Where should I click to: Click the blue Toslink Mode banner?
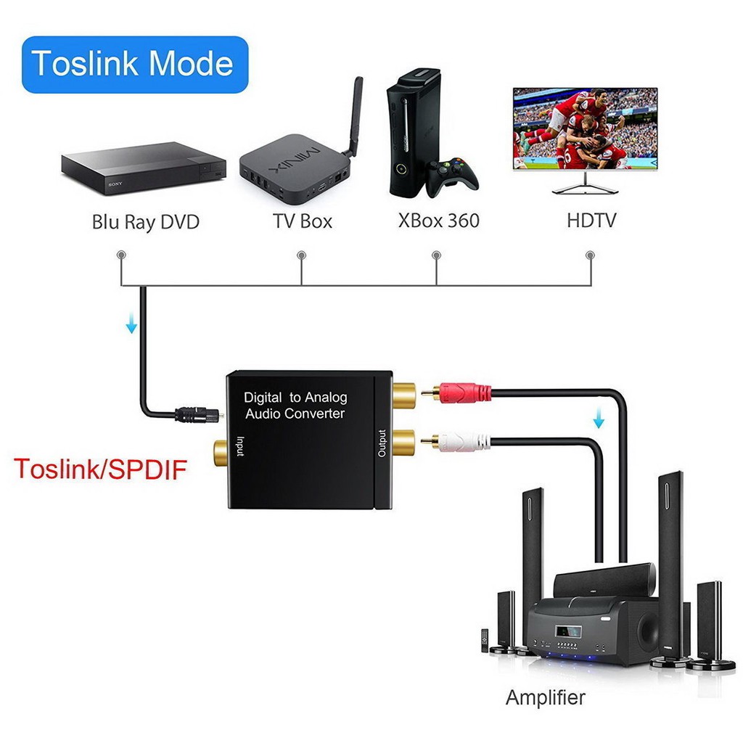135,64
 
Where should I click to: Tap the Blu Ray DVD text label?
145,221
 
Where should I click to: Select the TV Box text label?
302,221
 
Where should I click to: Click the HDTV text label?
591,220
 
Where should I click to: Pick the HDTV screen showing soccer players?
585,128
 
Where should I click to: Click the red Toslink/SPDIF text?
100,469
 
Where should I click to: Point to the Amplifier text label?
545,698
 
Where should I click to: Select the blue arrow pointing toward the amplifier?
599,419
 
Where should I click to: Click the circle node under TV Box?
301,255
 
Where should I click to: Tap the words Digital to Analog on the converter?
295,397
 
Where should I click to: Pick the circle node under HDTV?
590,255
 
